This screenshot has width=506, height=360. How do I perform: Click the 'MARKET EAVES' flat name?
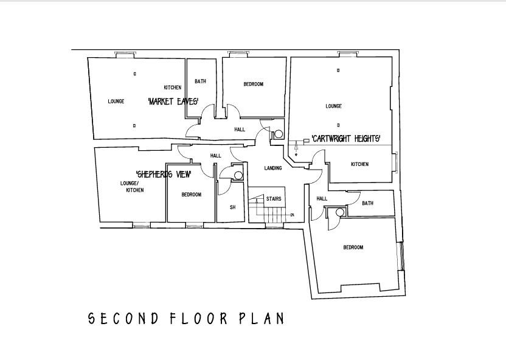tap(173, 102)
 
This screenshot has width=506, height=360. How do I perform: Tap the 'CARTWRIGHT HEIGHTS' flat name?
tap(346, 139)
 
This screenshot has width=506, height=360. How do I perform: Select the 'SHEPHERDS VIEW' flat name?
tap(164, 175)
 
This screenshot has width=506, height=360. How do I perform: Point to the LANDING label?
tap(272, 168)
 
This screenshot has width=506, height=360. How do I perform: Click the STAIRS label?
tap(273, 199)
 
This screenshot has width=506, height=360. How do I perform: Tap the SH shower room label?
tap(232, 207)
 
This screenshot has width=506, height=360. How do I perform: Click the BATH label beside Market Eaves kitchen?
tap(200, 81)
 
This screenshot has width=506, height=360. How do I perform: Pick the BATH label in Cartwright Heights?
tap(367, 203)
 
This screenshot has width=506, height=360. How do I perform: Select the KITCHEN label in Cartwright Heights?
tap(359, 164)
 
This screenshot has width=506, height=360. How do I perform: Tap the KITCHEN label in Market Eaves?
tap(172, 88)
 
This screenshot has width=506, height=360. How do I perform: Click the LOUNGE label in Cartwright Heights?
tap(333, 106)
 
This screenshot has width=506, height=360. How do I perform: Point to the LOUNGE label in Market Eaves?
tap(116, 102)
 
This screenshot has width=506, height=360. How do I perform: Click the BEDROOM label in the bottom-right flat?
tap(353, 247)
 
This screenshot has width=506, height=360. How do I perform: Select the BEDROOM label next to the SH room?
tap(191, 195)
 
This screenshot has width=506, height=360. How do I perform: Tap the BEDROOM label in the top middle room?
tap(253, 85)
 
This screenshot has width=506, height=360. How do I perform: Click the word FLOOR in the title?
tap(199, 319)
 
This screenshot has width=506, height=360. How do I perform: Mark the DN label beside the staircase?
tap(293, 215)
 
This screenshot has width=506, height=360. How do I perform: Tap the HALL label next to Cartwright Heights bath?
tap(322, 199)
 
